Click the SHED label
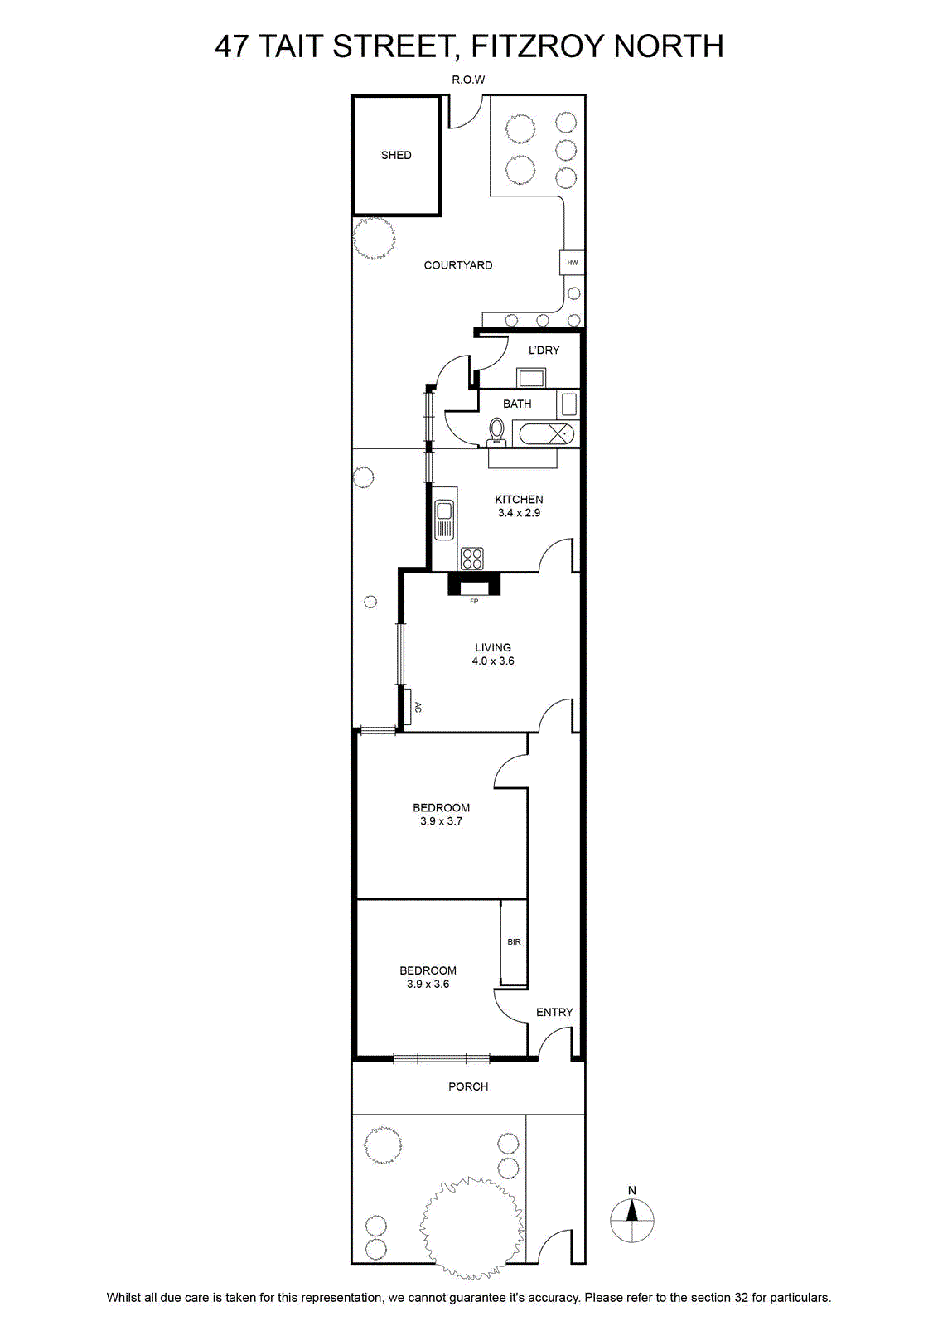[x=396, y=155]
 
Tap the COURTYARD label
[x=458, y=265]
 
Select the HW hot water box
[x=573, y=262]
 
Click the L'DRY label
[x=544, y=350]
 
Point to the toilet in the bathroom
[x=496, y=432]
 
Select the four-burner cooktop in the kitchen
[x=471, y=559]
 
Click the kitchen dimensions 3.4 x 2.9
[x=519, y=513]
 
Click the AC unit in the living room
[x=408, y=706]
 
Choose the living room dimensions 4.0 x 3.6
[x=493, y=661]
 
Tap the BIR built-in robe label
[x=514, y=941]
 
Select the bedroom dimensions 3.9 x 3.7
[x=441, y=821]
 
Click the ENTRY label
[x=554, y=1012]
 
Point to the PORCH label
[x=468, y=1086]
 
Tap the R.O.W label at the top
[x=468, y=80]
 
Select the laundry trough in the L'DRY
[x=531, y=377]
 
